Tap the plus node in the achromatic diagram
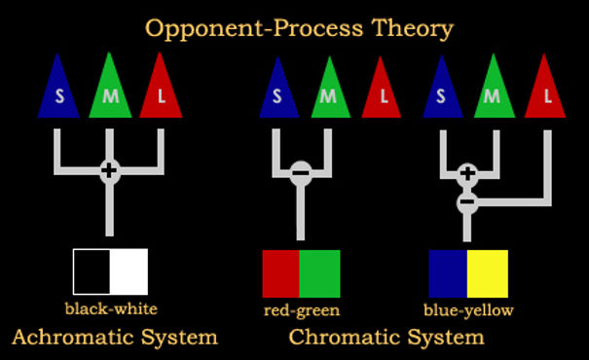(109, 171)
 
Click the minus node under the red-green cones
(301, 173)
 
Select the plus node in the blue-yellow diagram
(467, 174)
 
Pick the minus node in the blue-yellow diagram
(467, 202)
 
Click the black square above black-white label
(92, 271)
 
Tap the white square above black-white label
(129, 271)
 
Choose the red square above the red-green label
(281, 273)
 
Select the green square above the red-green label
(320, 273)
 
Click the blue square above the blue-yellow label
(448, 273)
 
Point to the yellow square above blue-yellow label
(488, 273)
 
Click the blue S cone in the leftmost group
(57, 90)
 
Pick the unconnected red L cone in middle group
(383, 90)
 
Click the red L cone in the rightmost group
(547, 90)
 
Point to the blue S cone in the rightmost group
(443, 90)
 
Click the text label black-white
(111, 309)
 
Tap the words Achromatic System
(114, 338)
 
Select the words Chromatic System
(386, 338)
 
